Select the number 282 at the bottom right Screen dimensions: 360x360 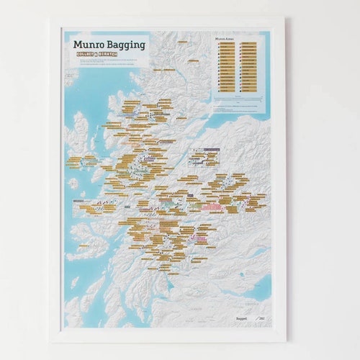click(x=260, y=316)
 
